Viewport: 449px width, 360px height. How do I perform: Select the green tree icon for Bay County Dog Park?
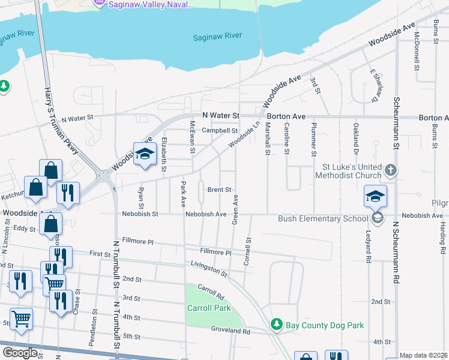(x=276, y=324)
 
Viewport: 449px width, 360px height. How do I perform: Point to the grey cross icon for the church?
(x=391, y=170)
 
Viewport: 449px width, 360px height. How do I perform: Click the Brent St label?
(x=219, y=190)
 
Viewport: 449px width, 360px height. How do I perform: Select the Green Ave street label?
(x=235, y=209)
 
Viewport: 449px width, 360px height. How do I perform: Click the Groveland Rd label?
(x=231, y=331)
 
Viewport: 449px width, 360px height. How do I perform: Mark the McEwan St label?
(x=192, y=136)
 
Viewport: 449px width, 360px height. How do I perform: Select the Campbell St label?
(x=220, y=130)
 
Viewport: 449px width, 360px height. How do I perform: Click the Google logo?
(x=20, y=353)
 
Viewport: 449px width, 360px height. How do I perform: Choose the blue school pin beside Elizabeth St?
(x=145, y=155)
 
